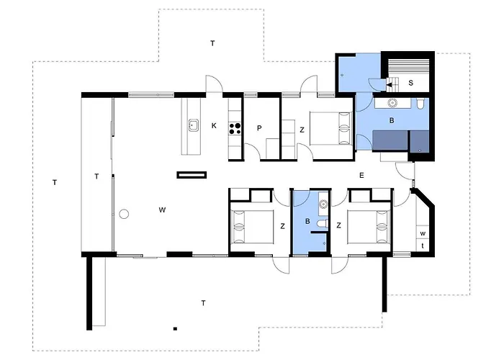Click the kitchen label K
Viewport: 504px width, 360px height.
214,126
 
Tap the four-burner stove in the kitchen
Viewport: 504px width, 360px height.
235,129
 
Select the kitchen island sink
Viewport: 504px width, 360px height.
194,125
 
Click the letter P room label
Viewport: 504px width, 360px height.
259,128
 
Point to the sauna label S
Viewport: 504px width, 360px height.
411,83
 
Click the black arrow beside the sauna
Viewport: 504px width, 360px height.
389,85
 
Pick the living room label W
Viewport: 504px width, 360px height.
162,210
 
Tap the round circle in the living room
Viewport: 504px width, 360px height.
124,214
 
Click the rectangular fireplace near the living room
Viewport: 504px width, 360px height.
192,175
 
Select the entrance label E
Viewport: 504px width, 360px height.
361,176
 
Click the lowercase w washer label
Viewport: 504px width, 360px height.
423,234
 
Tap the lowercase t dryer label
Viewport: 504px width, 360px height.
423,246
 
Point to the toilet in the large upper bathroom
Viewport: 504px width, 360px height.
420,103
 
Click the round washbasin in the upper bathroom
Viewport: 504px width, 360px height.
392,103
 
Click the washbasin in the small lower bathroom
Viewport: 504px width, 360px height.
323,204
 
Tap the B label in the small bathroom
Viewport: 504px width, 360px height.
307,222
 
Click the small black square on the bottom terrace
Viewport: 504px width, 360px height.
175,328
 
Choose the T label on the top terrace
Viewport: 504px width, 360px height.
212,43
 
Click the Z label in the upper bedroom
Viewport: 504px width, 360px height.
302,130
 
